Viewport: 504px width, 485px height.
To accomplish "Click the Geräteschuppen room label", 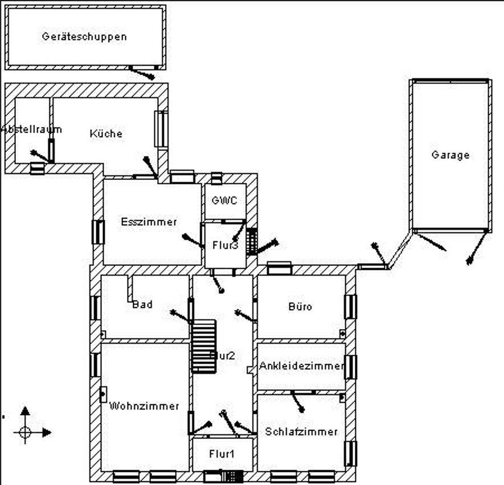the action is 84,36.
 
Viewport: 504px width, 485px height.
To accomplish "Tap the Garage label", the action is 450,155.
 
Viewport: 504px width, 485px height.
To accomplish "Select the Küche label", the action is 106,134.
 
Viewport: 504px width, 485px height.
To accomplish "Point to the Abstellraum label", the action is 31,129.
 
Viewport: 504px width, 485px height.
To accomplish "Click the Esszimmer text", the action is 149,222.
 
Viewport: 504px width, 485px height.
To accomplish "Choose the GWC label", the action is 224,200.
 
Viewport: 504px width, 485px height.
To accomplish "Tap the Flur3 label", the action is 226,246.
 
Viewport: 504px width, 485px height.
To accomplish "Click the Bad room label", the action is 142,305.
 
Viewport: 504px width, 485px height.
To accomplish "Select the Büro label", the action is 300,307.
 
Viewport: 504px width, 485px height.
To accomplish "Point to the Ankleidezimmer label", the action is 302,365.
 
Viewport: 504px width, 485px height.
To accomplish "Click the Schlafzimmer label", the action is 301,431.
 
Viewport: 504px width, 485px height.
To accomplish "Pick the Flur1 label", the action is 222,454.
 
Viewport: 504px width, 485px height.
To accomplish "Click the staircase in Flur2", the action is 203,346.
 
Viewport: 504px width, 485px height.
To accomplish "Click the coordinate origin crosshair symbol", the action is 25,432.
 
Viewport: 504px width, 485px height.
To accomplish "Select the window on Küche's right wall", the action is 162,129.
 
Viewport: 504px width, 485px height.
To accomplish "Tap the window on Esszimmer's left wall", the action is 98,232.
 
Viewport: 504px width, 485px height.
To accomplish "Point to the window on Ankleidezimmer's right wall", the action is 351,367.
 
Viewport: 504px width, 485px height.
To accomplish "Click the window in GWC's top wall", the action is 216,178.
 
